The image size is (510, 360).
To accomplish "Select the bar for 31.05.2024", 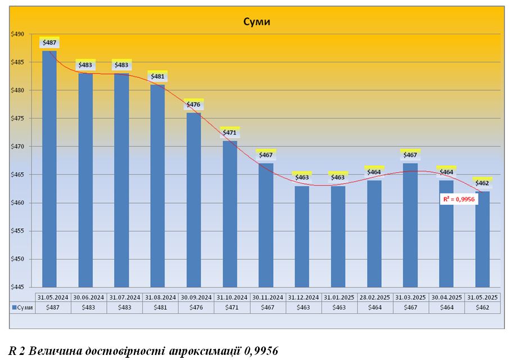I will point(49,169).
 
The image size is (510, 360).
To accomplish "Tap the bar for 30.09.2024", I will point(193,200).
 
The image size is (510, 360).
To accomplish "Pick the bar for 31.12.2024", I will point(302,236).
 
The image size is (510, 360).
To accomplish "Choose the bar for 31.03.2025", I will point(410,225).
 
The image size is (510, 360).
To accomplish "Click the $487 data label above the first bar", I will point(49,43).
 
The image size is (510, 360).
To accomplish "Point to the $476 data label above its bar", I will point(193,105).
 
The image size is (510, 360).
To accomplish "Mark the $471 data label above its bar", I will point(229,133).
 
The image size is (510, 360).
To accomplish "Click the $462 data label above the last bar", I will point(482,183).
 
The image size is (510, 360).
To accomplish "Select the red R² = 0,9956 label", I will point(460,199).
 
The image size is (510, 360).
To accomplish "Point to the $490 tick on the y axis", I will point(17,34).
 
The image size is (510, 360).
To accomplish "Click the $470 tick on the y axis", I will point(17,147).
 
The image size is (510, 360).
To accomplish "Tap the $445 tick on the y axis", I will point(17,287).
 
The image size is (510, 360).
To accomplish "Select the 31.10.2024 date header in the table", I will point(229,297).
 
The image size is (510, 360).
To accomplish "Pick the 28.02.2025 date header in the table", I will point(374,297).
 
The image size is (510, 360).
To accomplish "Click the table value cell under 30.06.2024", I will point(85,308).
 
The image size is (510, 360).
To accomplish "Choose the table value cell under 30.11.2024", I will point(266,308).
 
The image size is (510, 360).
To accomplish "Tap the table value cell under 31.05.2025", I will point(482,308).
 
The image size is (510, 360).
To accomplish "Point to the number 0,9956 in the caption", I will point(261,350).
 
